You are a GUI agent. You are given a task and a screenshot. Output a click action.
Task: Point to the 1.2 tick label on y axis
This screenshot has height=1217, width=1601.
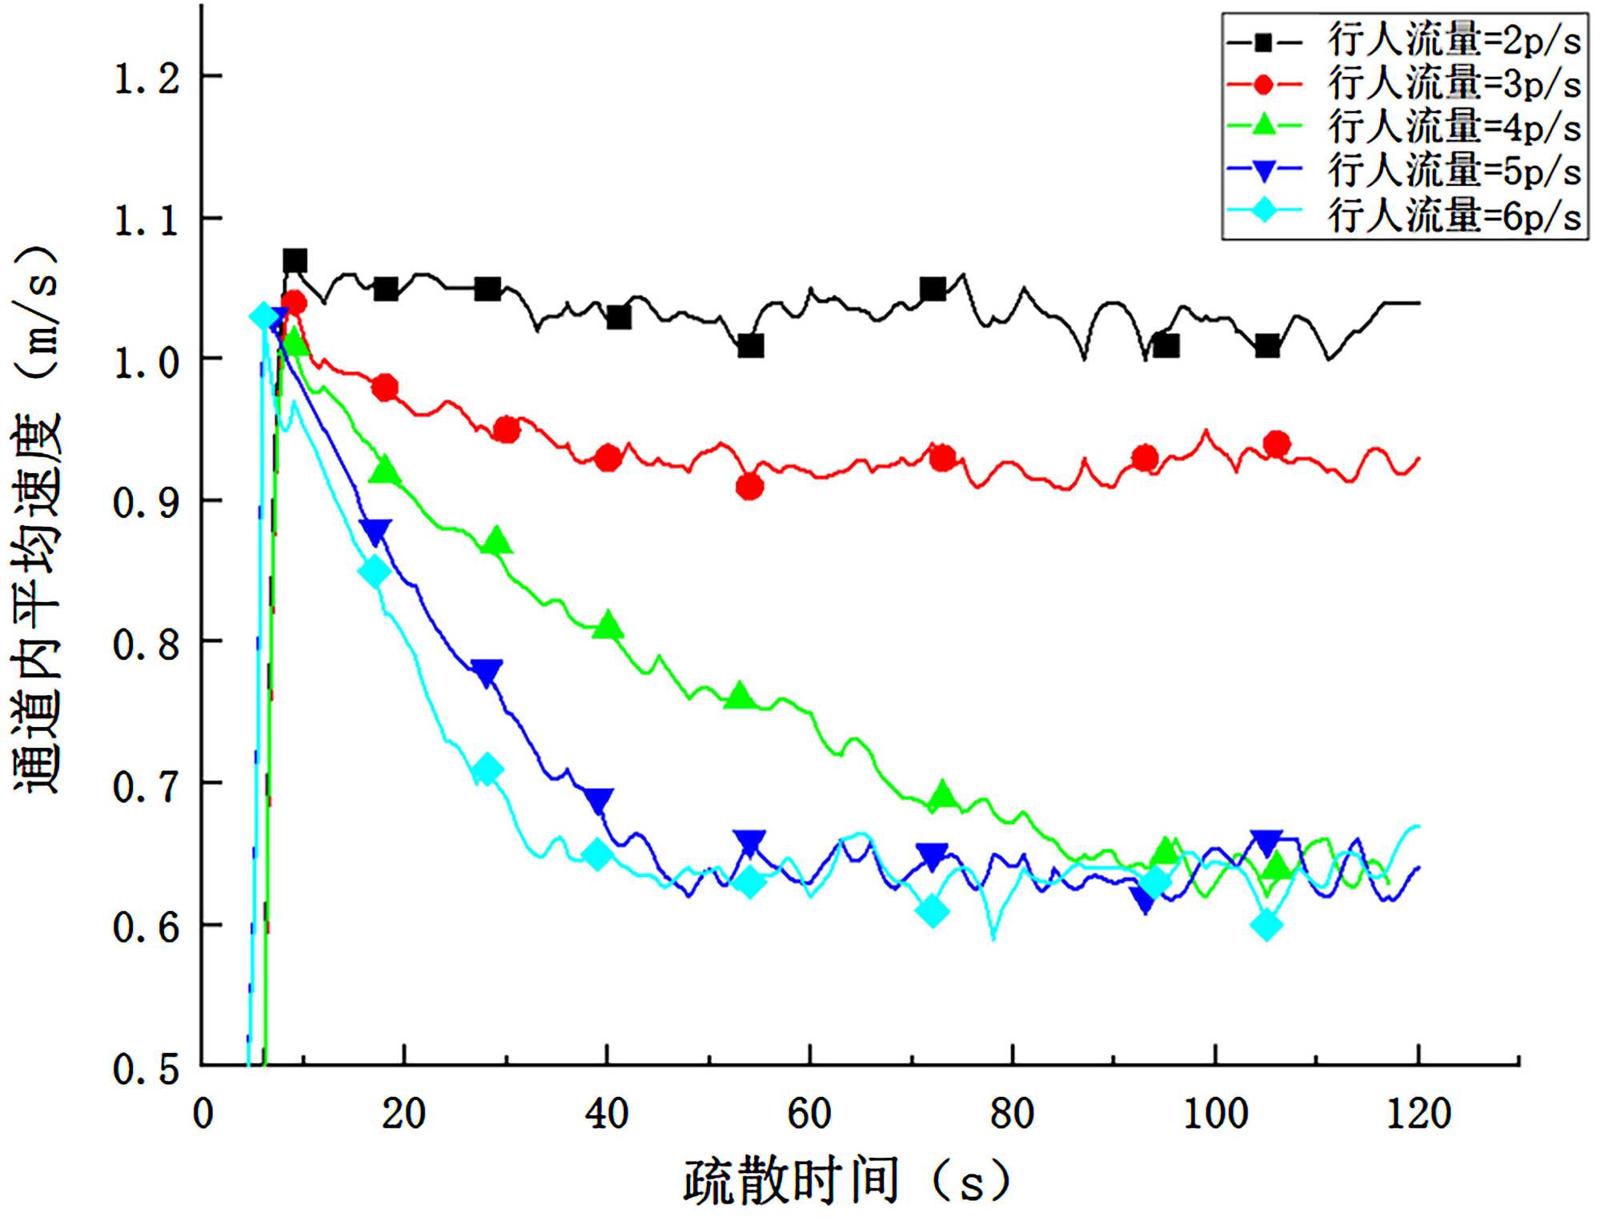click(146, 78)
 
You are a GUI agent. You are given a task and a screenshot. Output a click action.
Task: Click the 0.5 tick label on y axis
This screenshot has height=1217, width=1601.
click(146, 1069)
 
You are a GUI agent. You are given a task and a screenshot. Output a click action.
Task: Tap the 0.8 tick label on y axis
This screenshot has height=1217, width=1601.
click(146, 645)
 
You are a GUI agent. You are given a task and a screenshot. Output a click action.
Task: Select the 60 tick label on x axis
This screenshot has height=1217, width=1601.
click(809, 1114)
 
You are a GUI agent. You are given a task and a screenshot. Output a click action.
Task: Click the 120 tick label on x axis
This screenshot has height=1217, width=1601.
click(1418, 1114)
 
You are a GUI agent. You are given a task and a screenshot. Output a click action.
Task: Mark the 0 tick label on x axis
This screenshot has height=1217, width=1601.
click(203, 1114)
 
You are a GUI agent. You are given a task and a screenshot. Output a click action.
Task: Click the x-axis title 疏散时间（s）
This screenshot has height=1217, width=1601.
click(847, 1182)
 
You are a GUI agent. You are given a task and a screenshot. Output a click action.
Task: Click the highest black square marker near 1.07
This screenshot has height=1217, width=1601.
click(295, 261)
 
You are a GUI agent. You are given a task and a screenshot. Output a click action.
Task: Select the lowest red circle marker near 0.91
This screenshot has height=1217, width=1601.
click(749, 486)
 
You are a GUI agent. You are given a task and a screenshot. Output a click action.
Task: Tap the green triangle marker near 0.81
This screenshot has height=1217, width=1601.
click(608, 625)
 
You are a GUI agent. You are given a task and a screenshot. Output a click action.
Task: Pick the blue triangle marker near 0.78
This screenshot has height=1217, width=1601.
click(487, 672)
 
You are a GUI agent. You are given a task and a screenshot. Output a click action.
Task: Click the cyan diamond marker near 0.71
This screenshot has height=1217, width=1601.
click(487, 770)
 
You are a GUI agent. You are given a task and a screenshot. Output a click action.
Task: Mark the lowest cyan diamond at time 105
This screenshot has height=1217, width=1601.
click(1266, 926)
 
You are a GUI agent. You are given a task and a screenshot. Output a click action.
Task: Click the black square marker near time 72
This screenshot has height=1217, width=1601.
click(933, 289)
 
